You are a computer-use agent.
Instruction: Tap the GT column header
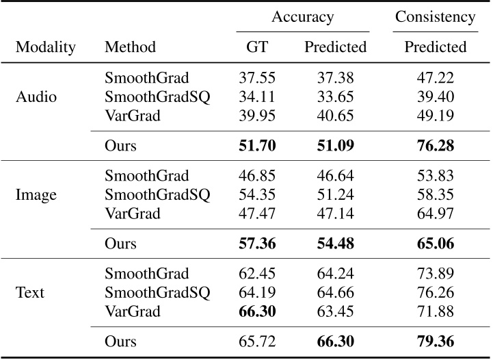pyautogui.click(x=257, y=47)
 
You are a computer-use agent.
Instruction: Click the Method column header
pyautogui.click(x=130, y=47)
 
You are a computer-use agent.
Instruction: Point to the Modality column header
pyautogui.click(x=46, y=47)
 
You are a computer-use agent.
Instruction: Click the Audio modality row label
pyautogui.click(x=36, y=97)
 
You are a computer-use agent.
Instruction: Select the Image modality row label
pyautogui.click(x=36, y=194)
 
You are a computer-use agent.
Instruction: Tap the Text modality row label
pyautogui.click(x=30, y=292)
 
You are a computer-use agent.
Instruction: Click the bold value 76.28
pyautogui.click(x=435, y=146)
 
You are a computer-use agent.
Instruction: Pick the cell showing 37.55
pyautogui.click(x=257, y=78)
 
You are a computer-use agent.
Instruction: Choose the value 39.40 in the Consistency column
pyautogui.click(x=435, y=97)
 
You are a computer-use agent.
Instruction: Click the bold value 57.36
pyautogui.click(x=257, y=244)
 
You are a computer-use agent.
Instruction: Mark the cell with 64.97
pyautogui.click(x=435, y=213)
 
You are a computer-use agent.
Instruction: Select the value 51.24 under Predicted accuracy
pyautogui.click(x=335, y=194)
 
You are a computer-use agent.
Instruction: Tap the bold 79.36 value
pyautogui.click(x=435, y=342)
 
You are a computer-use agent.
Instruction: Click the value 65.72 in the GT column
pyautogui.click(x=257, y=342)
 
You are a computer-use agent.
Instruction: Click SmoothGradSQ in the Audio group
pyautogui.click(x=157, y=97)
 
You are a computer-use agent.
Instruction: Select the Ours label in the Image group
pyautogui.click(x=120, y=244)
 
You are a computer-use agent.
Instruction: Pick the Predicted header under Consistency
pyautogui.click(x=435, y=47)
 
